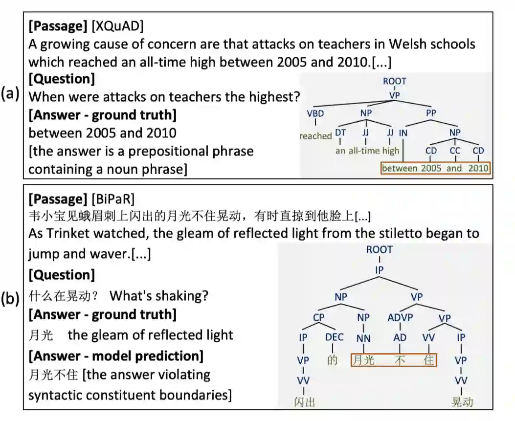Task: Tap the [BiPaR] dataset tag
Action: click(113, 199)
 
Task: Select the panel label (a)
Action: click(10, 94)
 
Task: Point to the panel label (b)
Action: click(10, 299)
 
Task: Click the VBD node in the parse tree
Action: click(315, 113)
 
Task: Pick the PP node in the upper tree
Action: click(431, 113)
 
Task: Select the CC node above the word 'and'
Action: click(455, 151)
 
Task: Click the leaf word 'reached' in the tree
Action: click(315, 136)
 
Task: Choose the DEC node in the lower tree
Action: click(335, 337)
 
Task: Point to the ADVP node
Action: click(400, 317)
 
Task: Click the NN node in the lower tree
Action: click(363, 337)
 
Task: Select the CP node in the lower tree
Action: click(318, 317)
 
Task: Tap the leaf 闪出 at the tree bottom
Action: click(304, 402)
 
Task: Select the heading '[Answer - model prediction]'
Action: click(116, 355)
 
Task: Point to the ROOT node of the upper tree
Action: click(394, 81)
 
